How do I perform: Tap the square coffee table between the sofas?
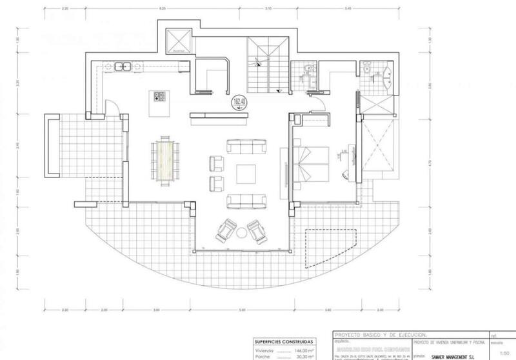[247, 174]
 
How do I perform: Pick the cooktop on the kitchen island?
[159, 97]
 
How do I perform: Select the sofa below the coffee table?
[246, 201]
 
